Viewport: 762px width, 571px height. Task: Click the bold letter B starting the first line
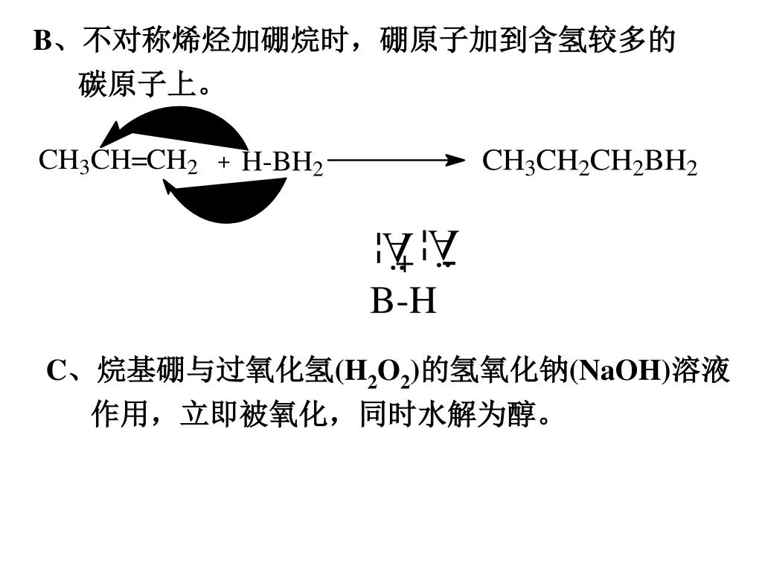[42, 42]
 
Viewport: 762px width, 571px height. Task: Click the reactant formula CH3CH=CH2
[118, 161]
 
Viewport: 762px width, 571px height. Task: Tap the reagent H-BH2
[282, 163]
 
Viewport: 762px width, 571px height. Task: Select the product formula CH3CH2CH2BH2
[589, 162]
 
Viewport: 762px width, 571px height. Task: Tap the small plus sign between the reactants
[223, 163]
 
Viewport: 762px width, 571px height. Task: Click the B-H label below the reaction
[403, 302]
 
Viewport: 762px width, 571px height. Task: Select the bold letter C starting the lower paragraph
[57, 370]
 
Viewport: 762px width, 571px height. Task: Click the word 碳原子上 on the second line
[137, 86]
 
